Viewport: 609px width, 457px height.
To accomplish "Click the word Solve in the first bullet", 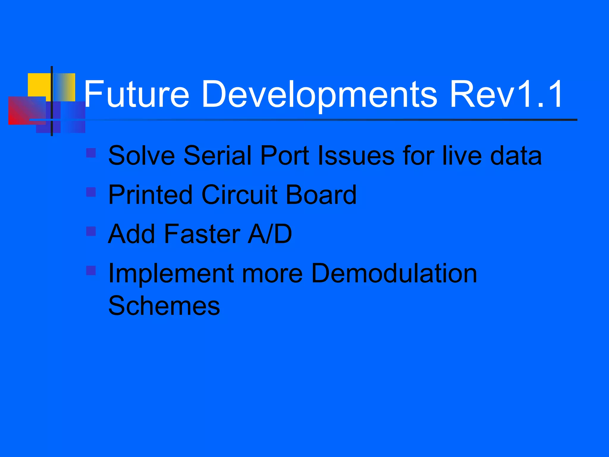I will tap(142, 155).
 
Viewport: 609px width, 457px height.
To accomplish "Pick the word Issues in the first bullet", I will tap(356, 155).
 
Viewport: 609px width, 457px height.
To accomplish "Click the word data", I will tap(516, 155).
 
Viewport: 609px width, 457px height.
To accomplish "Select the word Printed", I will tap(150, 195).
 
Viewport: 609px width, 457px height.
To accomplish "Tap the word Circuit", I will tap(239, 195).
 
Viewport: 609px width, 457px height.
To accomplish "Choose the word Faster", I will tap(202, 234).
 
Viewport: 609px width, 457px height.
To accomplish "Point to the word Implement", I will tap(171, 274).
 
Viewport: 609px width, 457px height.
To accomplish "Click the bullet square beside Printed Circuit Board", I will tap(91, 192).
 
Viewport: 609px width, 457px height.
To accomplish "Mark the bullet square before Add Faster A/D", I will tap(91, 231).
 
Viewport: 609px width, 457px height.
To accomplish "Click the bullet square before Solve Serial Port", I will tap(91, 153).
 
